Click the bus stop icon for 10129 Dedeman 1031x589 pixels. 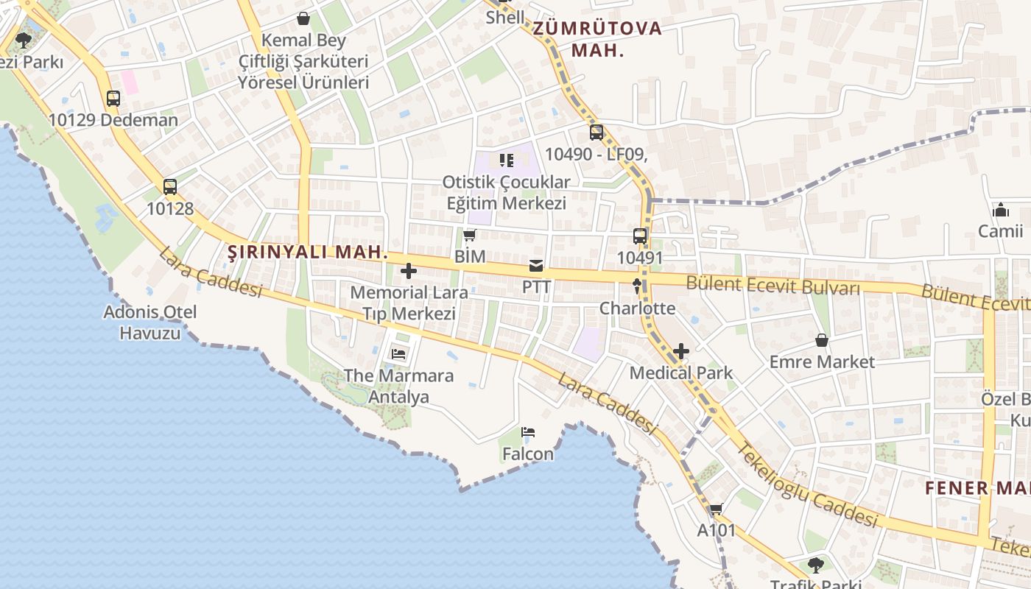point(113,99)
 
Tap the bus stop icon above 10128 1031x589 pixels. point(170,187)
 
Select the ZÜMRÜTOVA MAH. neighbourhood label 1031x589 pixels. point(597,40)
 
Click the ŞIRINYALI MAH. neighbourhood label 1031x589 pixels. point(307,252)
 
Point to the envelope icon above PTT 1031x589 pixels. point(536,266)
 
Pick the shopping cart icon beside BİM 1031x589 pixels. point(470,236)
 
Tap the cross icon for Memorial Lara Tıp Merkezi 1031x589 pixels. point(409,271)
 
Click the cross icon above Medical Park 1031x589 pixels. point(681,351)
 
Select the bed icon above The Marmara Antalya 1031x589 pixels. point(398,354)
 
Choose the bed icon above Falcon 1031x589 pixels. point(527,432)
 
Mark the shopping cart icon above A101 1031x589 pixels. point(716,509)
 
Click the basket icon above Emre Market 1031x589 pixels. point(822,340)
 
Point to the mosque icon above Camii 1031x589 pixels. point(1001,210)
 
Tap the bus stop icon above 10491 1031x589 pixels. point(640,236)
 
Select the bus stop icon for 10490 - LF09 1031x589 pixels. point(596,133)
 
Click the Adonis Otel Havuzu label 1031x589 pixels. point(150,322)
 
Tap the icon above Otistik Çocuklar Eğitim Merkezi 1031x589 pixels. point(506,160)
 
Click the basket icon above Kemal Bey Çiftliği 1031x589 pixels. point(303,18)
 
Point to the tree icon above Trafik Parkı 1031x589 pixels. point(815,565)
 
